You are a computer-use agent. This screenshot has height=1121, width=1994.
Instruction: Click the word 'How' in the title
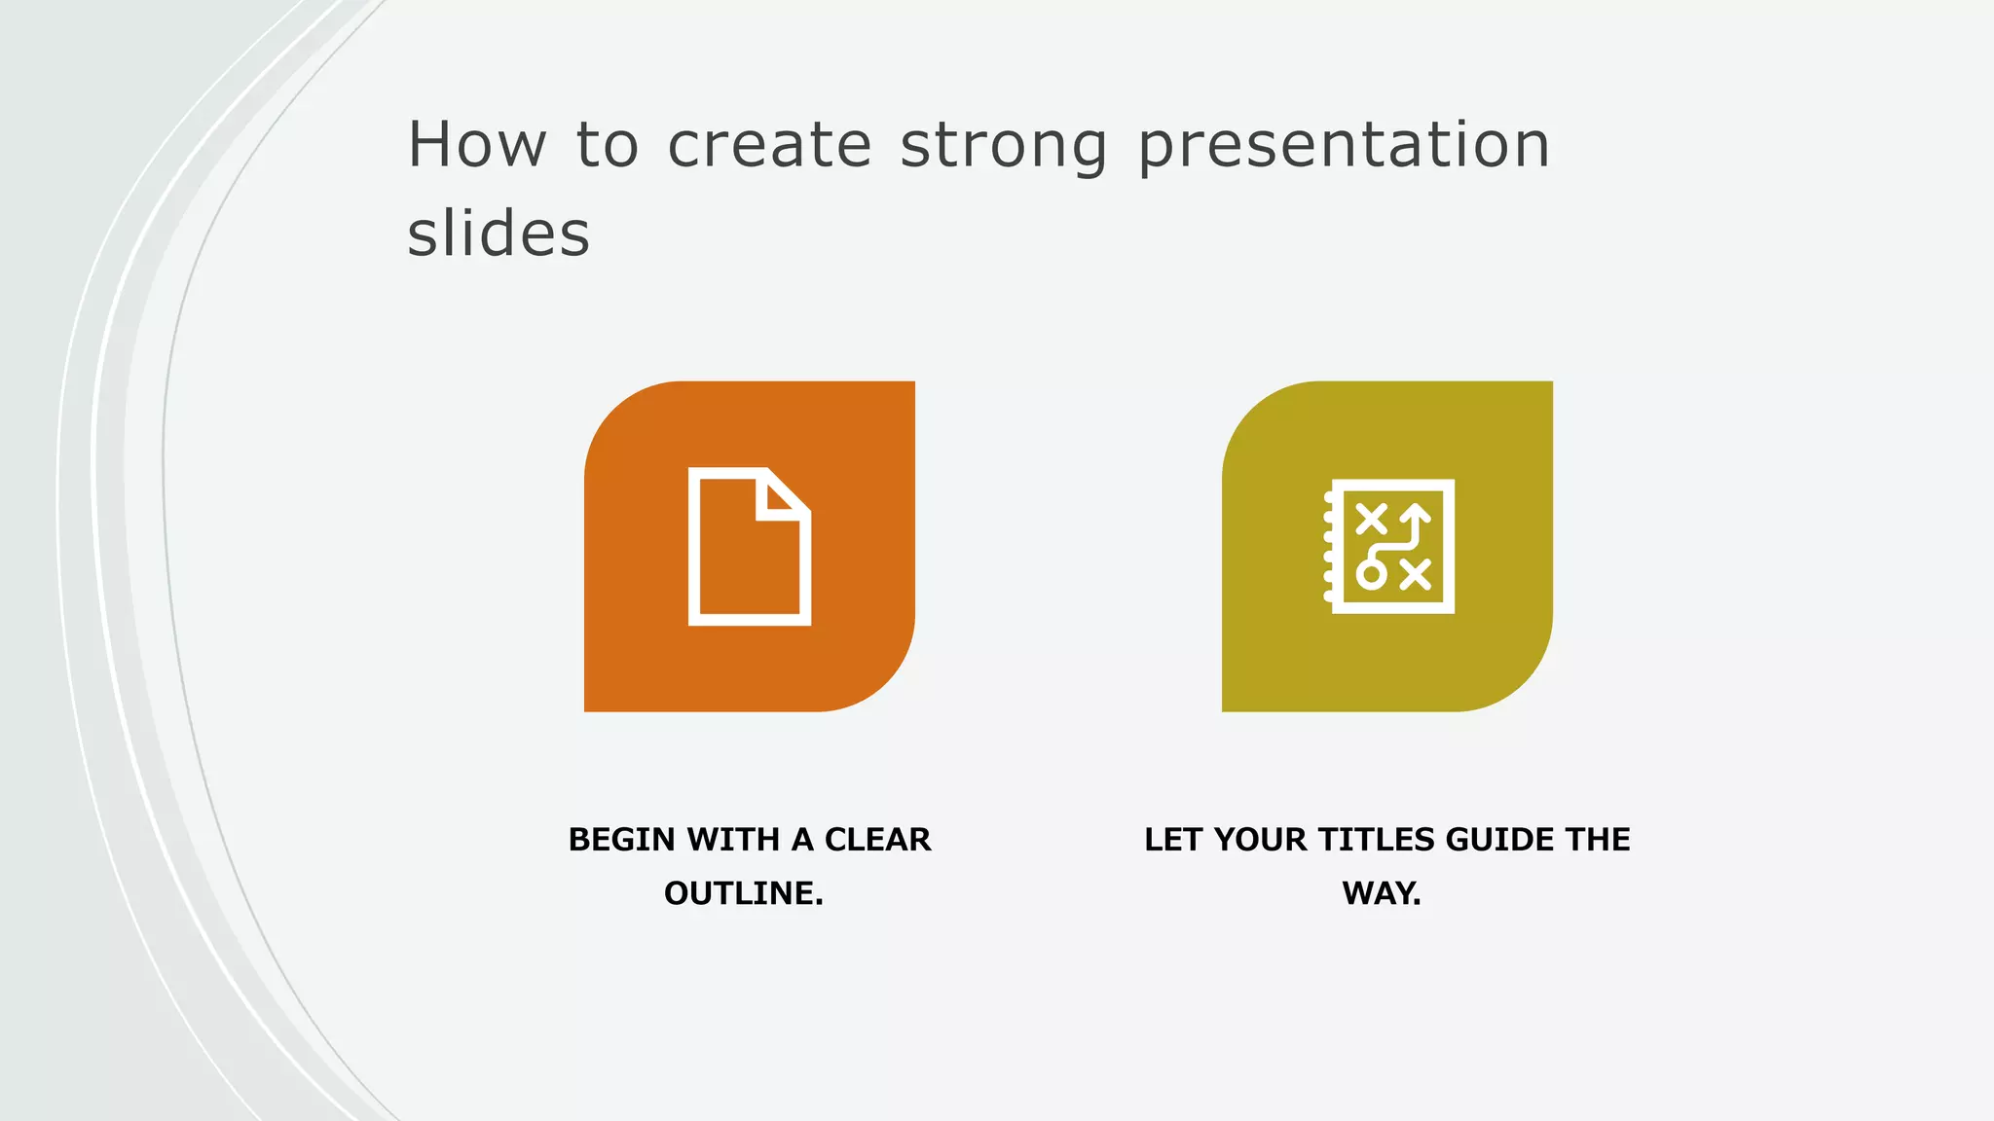coord(477,146)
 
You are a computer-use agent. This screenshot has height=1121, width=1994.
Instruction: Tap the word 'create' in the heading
coord(769,146)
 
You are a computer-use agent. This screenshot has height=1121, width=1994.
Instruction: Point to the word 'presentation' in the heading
coord(1344,146)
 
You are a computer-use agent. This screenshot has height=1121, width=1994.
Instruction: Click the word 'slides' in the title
coord(498,235)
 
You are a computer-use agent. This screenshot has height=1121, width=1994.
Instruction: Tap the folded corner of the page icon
coord(783,496)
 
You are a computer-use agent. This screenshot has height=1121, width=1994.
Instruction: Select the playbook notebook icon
coord(1389,546)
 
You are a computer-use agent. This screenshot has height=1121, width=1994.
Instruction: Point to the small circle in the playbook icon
coord(1371,574)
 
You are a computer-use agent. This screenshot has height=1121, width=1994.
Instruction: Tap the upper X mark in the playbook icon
coord(1371,518)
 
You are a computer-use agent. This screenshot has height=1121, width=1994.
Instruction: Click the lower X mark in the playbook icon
coord(1416,574)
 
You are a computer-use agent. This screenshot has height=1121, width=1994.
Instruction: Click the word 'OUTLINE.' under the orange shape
coord(744,893)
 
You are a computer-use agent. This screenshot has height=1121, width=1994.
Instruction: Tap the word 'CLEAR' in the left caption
coord(877,840)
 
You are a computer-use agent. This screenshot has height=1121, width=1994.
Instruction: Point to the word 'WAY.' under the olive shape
coord(1382,893)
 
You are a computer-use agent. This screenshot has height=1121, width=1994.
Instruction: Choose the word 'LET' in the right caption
coord(1173,840)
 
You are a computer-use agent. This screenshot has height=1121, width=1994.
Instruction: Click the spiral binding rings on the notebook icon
coord(1328,546)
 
